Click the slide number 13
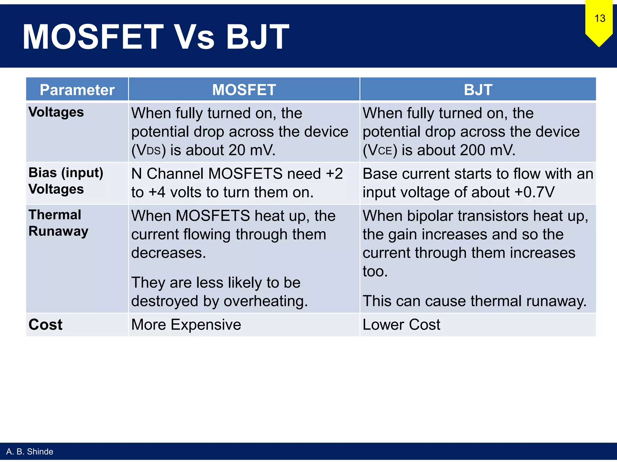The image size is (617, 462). pos(600,19)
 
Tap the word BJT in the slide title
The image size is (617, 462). pos(257,37)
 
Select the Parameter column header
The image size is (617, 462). pos(77,90)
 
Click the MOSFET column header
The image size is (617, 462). pos(244,90)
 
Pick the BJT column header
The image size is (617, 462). pos(478,90)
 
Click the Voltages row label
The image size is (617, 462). pos(56,112)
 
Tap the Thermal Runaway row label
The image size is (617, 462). pos(58,223)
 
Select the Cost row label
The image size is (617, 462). pos(45,325)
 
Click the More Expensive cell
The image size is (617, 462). pos(186,325)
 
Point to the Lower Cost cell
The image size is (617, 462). pos(401,325)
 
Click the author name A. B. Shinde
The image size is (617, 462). pos(30,451)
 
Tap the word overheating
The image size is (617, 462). pos(265,301)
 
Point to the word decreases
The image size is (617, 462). pos(168,253)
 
